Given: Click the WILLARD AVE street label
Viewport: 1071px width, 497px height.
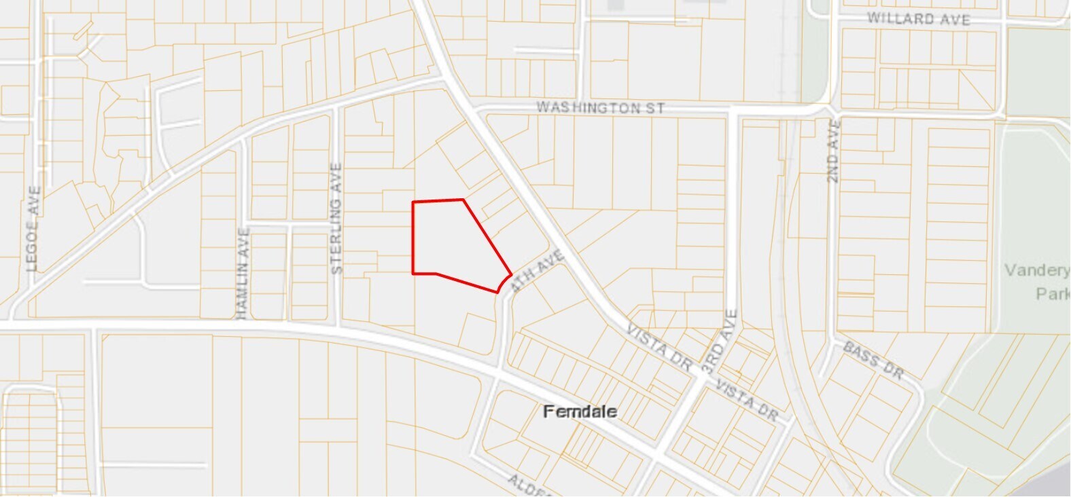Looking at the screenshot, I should [918, 19].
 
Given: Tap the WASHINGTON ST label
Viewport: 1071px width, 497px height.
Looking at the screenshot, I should [600, 107].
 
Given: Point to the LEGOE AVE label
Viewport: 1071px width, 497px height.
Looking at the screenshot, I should [34, 229].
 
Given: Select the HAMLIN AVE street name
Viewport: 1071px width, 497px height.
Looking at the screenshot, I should [243, 273].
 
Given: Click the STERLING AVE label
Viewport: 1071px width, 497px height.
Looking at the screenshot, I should [336, 218].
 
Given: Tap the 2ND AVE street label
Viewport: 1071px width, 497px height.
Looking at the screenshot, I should [834, 151].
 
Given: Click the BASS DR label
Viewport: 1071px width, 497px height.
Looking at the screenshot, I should [873, 361].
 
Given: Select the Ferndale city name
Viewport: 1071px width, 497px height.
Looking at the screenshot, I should [580, 411].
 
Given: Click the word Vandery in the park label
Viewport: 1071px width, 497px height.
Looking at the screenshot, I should [1037, 270].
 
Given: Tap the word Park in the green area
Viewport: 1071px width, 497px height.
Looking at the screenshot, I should [1053, 293].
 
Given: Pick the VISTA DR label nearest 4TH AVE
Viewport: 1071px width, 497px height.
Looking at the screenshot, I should [659, 347].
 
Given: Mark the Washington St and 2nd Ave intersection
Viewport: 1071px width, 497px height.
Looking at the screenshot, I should [830, 111].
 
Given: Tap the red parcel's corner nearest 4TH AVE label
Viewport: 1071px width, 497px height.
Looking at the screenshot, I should [511, 275].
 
